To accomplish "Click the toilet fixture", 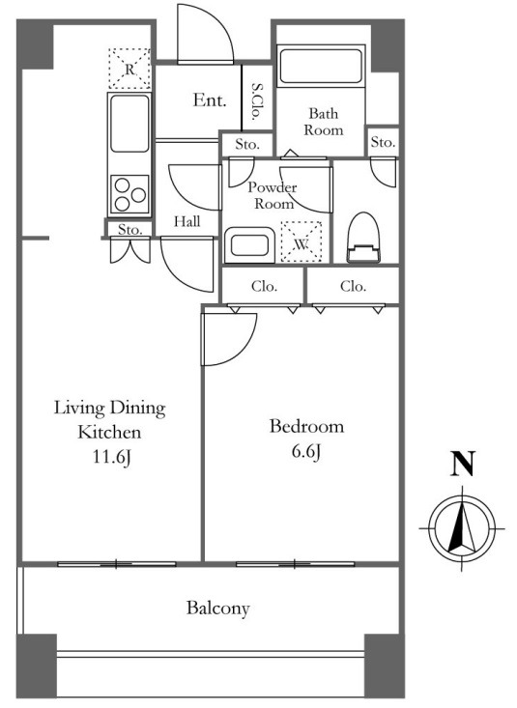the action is pos(364,238).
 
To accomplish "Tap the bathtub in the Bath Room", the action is pos(321,67).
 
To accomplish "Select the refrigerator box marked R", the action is pos(129,69).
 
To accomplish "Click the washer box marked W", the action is pos(302,242).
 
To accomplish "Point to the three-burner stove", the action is pos(129,194).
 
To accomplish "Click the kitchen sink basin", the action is pos(129,124).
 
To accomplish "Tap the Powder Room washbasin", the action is pos(249,245).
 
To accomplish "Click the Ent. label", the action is pos(210,100).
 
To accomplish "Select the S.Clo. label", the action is pos(258,101).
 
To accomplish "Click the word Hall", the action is pos(187,221).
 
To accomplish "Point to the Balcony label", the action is pos(218,609).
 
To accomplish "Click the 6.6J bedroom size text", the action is pos(306,451).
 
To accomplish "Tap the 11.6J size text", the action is pos(112,458).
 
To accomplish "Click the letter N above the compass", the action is pos(462,464).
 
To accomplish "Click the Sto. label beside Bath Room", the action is pos(383,142).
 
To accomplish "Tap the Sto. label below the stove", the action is pos(129,229).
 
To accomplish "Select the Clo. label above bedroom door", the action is pos(264,286).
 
